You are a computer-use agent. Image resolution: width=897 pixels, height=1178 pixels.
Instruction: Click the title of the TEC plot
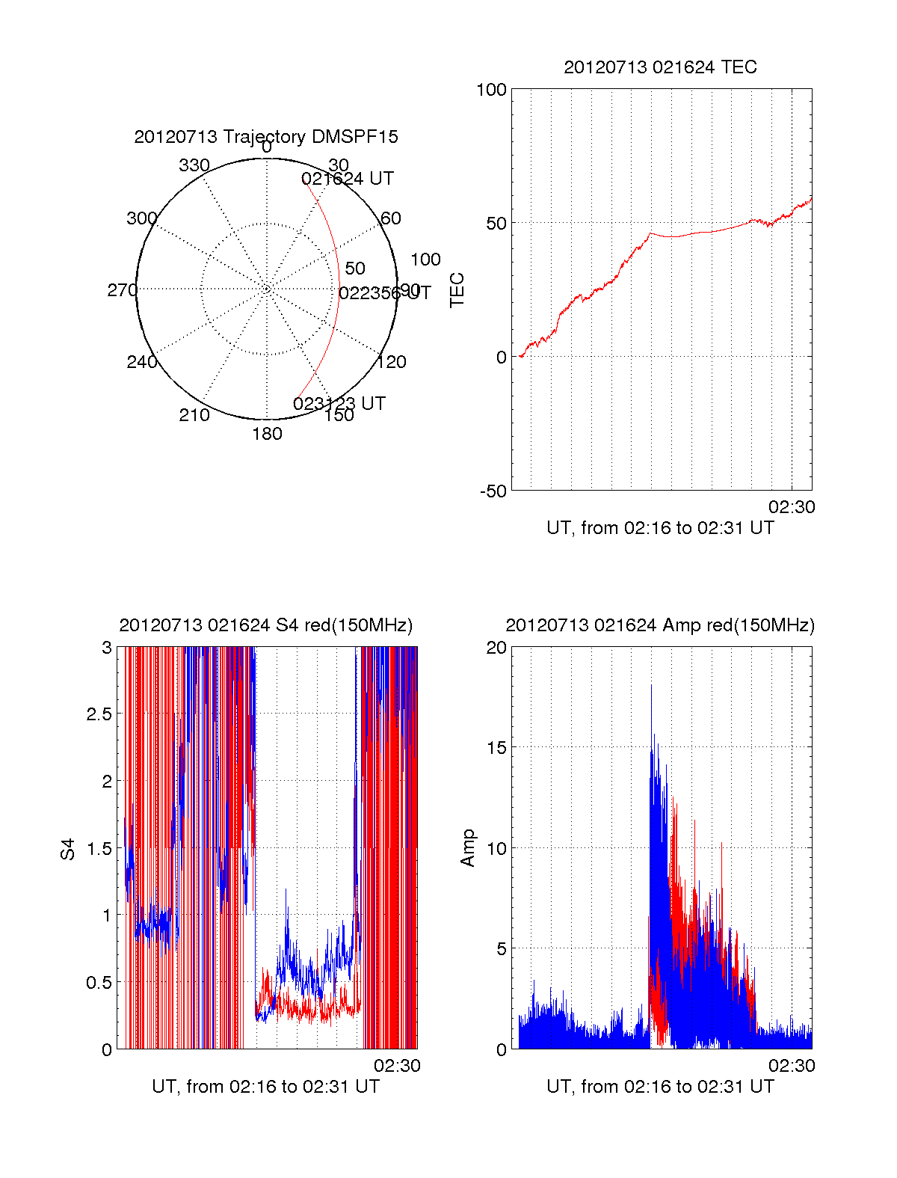660,67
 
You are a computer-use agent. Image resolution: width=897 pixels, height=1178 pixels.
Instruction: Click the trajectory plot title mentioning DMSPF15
266,137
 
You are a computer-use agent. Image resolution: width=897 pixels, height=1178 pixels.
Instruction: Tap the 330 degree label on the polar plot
194,165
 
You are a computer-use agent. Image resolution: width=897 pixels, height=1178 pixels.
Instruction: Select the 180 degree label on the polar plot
267,434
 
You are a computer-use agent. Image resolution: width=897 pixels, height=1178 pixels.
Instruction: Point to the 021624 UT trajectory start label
348,179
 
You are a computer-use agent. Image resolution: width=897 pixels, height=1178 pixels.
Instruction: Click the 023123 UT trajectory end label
339,404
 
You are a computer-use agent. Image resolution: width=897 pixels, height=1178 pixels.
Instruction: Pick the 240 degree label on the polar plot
142,362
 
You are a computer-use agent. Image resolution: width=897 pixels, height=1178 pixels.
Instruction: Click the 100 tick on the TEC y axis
492,91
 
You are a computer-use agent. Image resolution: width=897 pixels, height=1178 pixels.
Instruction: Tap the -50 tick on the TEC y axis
493,491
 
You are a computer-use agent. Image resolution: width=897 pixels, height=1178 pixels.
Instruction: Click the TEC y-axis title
457,290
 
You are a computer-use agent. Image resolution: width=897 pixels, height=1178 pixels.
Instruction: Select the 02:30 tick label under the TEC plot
792,507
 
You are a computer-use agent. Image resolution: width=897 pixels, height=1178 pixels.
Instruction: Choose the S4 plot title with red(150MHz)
266,625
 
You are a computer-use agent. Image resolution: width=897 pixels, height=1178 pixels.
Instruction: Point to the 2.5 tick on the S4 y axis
99,714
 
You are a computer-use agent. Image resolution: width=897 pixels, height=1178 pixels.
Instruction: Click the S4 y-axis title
68,849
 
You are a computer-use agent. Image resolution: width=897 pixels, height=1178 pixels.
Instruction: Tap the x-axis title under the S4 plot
266,1087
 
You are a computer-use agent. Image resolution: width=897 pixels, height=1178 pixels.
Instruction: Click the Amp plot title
660,625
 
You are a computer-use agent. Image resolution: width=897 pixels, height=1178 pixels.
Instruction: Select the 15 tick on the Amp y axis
496,748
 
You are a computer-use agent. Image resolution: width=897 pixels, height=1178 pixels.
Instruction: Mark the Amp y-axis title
468,848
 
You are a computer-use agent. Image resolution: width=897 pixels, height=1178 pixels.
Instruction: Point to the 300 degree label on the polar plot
142,218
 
